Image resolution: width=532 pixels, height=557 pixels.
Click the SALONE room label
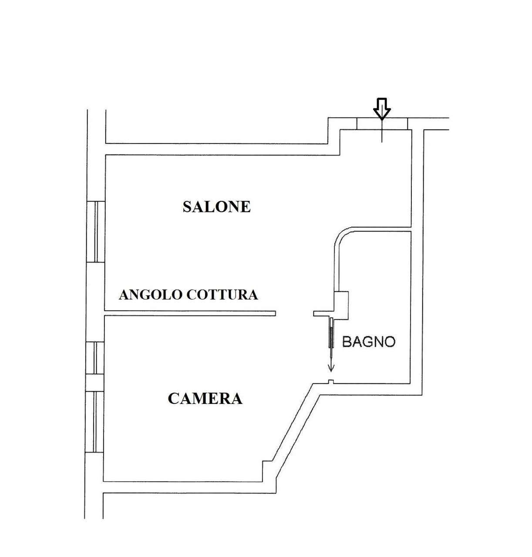click(216, 207)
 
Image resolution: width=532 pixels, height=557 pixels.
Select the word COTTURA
click(222, 295)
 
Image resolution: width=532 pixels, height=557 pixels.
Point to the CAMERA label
click(205, 399)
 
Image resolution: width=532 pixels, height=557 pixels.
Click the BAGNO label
click(369, 342)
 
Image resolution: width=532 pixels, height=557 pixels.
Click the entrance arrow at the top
click(382, 109)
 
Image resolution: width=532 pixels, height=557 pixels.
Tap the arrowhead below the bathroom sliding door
click(331, 368)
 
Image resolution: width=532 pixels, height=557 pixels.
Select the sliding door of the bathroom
click(330, 333)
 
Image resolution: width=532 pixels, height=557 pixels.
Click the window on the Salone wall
click(96, 232)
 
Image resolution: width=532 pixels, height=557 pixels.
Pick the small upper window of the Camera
click(95, 358)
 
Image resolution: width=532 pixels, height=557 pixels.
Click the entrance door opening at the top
click(382, 124)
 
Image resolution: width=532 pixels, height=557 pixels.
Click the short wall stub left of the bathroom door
click(322, 313)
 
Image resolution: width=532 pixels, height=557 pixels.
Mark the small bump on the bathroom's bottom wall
click(331, 382)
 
